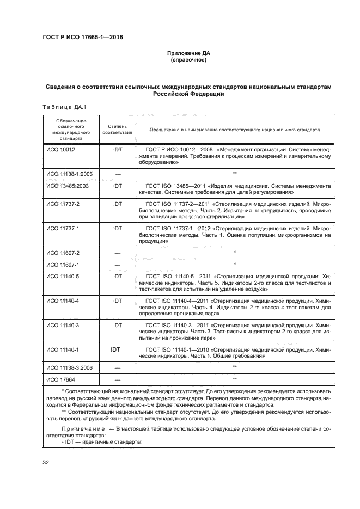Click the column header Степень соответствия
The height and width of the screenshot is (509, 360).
tap(117, 129)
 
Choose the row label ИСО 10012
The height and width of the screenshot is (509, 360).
tap(60, 148)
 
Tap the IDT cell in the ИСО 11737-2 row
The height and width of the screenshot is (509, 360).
tap(117, 204)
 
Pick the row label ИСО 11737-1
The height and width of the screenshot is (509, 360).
tap(63, 229)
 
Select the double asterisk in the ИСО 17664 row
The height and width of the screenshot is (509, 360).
tap(234, 379)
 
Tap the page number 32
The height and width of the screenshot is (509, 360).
tap(46, 463)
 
